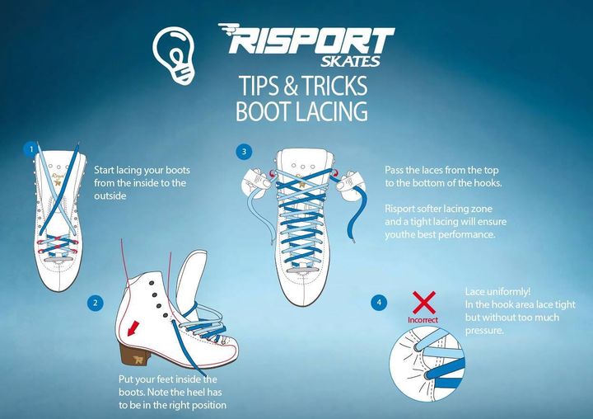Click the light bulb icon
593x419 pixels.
tap(175, 54)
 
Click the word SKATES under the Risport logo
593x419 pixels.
tap(350, 61)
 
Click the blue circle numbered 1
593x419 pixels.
tap(31, 149)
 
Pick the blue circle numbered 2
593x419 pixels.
tap(95, 303)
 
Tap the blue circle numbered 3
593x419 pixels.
tap(244, 152)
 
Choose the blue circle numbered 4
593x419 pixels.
tap(379, 303)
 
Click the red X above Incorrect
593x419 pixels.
tap(424, 303)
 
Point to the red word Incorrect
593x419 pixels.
tap(423, 320)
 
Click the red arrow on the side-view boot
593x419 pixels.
tap(133, 328)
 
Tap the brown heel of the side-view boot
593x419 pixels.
tap(133, 354)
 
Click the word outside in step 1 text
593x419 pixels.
tap(110, 195)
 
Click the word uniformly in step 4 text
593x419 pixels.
tap(508, 292)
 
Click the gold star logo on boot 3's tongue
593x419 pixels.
tap(301, 185)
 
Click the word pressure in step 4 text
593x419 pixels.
tap(484, 331)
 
